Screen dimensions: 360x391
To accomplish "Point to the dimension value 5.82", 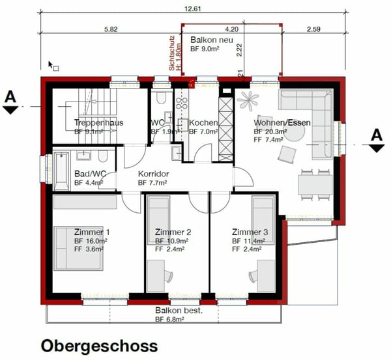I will (111, 29).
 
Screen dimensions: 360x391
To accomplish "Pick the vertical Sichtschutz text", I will (173, 53).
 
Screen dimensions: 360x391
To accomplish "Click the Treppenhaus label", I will (98, 122).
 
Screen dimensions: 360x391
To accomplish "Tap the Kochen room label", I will (203, 123).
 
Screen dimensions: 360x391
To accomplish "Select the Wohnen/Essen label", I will (282, 122).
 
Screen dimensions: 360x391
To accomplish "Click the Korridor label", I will (153, 174).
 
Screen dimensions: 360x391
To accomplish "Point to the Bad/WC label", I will (90, 174).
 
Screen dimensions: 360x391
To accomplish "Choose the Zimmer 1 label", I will (92, 232).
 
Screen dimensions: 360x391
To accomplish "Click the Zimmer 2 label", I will (173, 232).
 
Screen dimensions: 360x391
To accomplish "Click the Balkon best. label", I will (179, 311).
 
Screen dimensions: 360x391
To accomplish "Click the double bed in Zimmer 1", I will (78, 247).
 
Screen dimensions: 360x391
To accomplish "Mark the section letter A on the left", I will (10, 96).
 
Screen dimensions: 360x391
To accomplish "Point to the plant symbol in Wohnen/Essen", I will (248, 99).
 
